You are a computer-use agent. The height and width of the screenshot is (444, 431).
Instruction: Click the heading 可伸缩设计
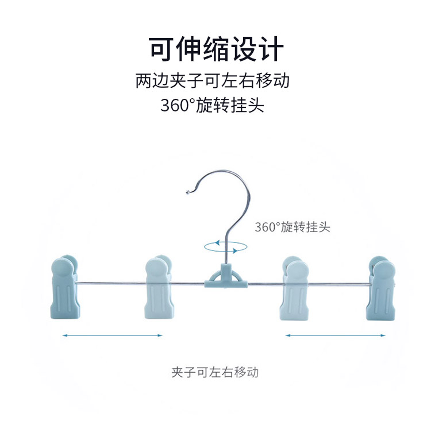215,49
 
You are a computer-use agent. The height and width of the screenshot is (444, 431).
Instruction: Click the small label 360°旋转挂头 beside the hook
293,227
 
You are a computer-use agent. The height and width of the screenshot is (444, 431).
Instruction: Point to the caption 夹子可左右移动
215,372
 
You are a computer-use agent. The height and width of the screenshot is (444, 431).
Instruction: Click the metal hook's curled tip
187,192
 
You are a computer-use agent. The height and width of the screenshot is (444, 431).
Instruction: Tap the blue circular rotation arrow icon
225,246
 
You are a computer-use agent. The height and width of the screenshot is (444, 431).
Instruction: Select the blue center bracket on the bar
226,277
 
